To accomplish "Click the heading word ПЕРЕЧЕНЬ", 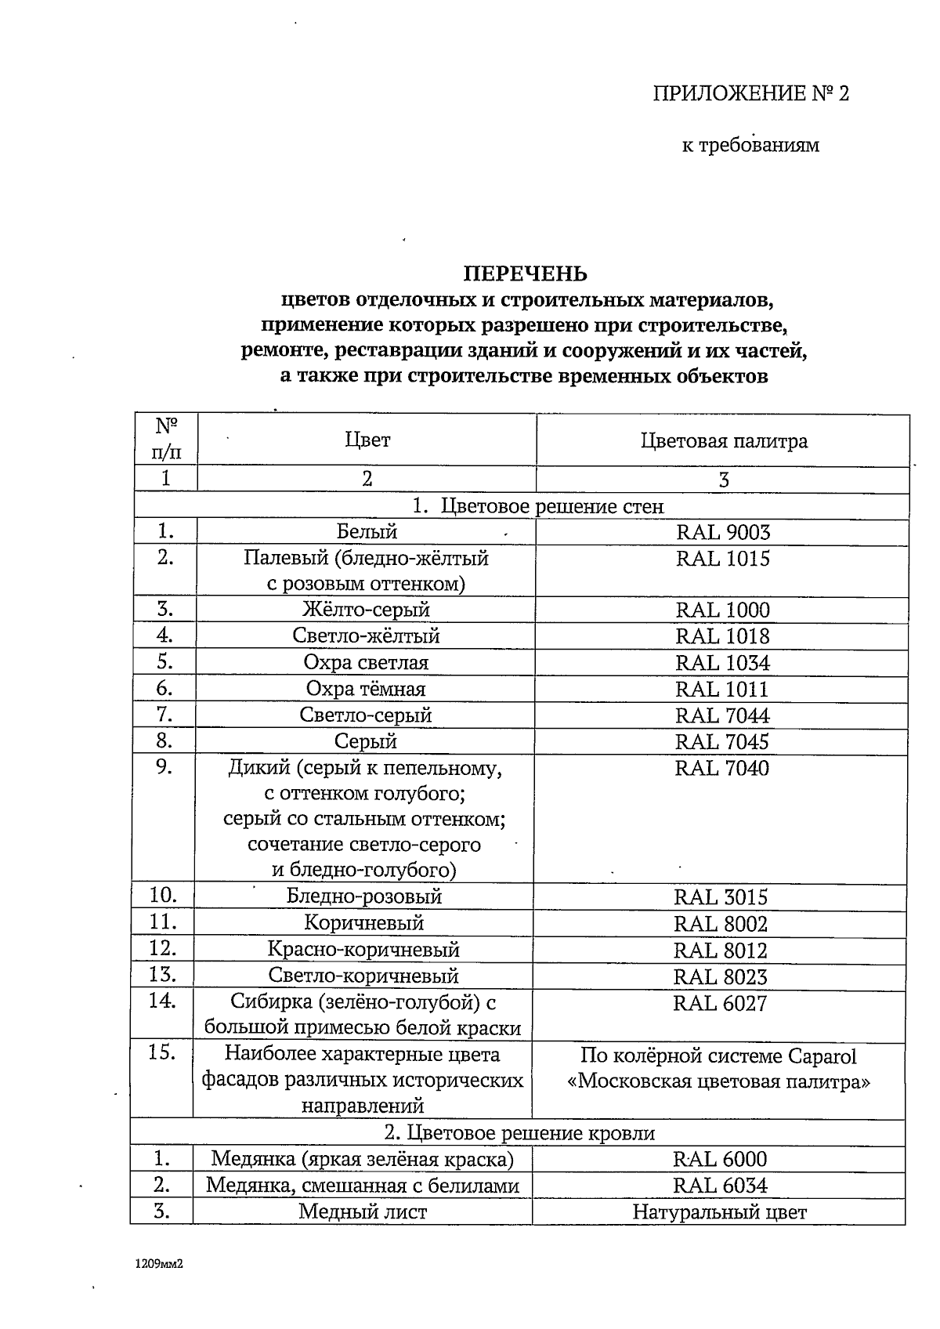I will [525, 273].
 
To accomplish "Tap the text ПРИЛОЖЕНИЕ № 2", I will [751, 94].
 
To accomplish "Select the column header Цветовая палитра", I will [724, 441].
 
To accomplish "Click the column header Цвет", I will [367, 440].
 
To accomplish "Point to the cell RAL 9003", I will [723, 533].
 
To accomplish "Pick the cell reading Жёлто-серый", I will [367, 610].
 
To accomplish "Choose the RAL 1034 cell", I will [722, 663].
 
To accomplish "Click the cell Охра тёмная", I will [366, 689].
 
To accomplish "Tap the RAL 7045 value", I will [722, 741].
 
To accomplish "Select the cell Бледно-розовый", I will [364, 896].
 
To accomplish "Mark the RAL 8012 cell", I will [721, 951].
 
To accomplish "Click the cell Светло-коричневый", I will [363, 976].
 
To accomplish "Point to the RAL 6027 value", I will [720, 1003].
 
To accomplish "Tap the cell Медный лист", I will [363, 1212].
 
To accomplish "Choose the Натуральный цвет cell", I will [719, 1213].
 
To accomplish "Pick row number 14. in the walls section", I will [162, 1001].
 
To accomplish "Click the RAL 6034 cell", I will [720, 1186].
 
